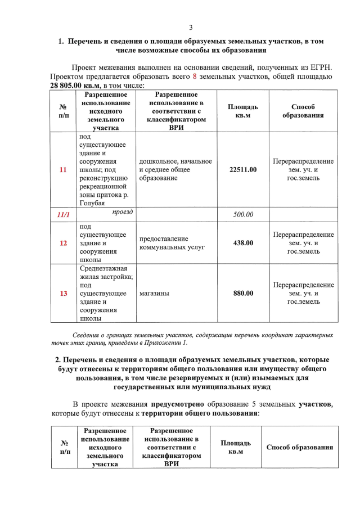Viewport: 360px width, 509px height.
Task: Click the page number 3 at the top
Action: point(191,28)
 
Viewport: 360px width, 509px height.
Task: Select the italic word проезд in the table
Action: point(122,212)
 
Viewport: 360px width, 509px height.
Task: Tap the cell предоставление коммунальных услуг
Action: point(168,243)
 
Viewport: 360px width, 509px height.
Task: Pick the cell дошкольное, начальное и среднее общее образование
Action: point(174,170)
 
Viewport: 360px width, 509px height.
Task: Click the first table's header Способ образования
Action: point(303,111)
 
